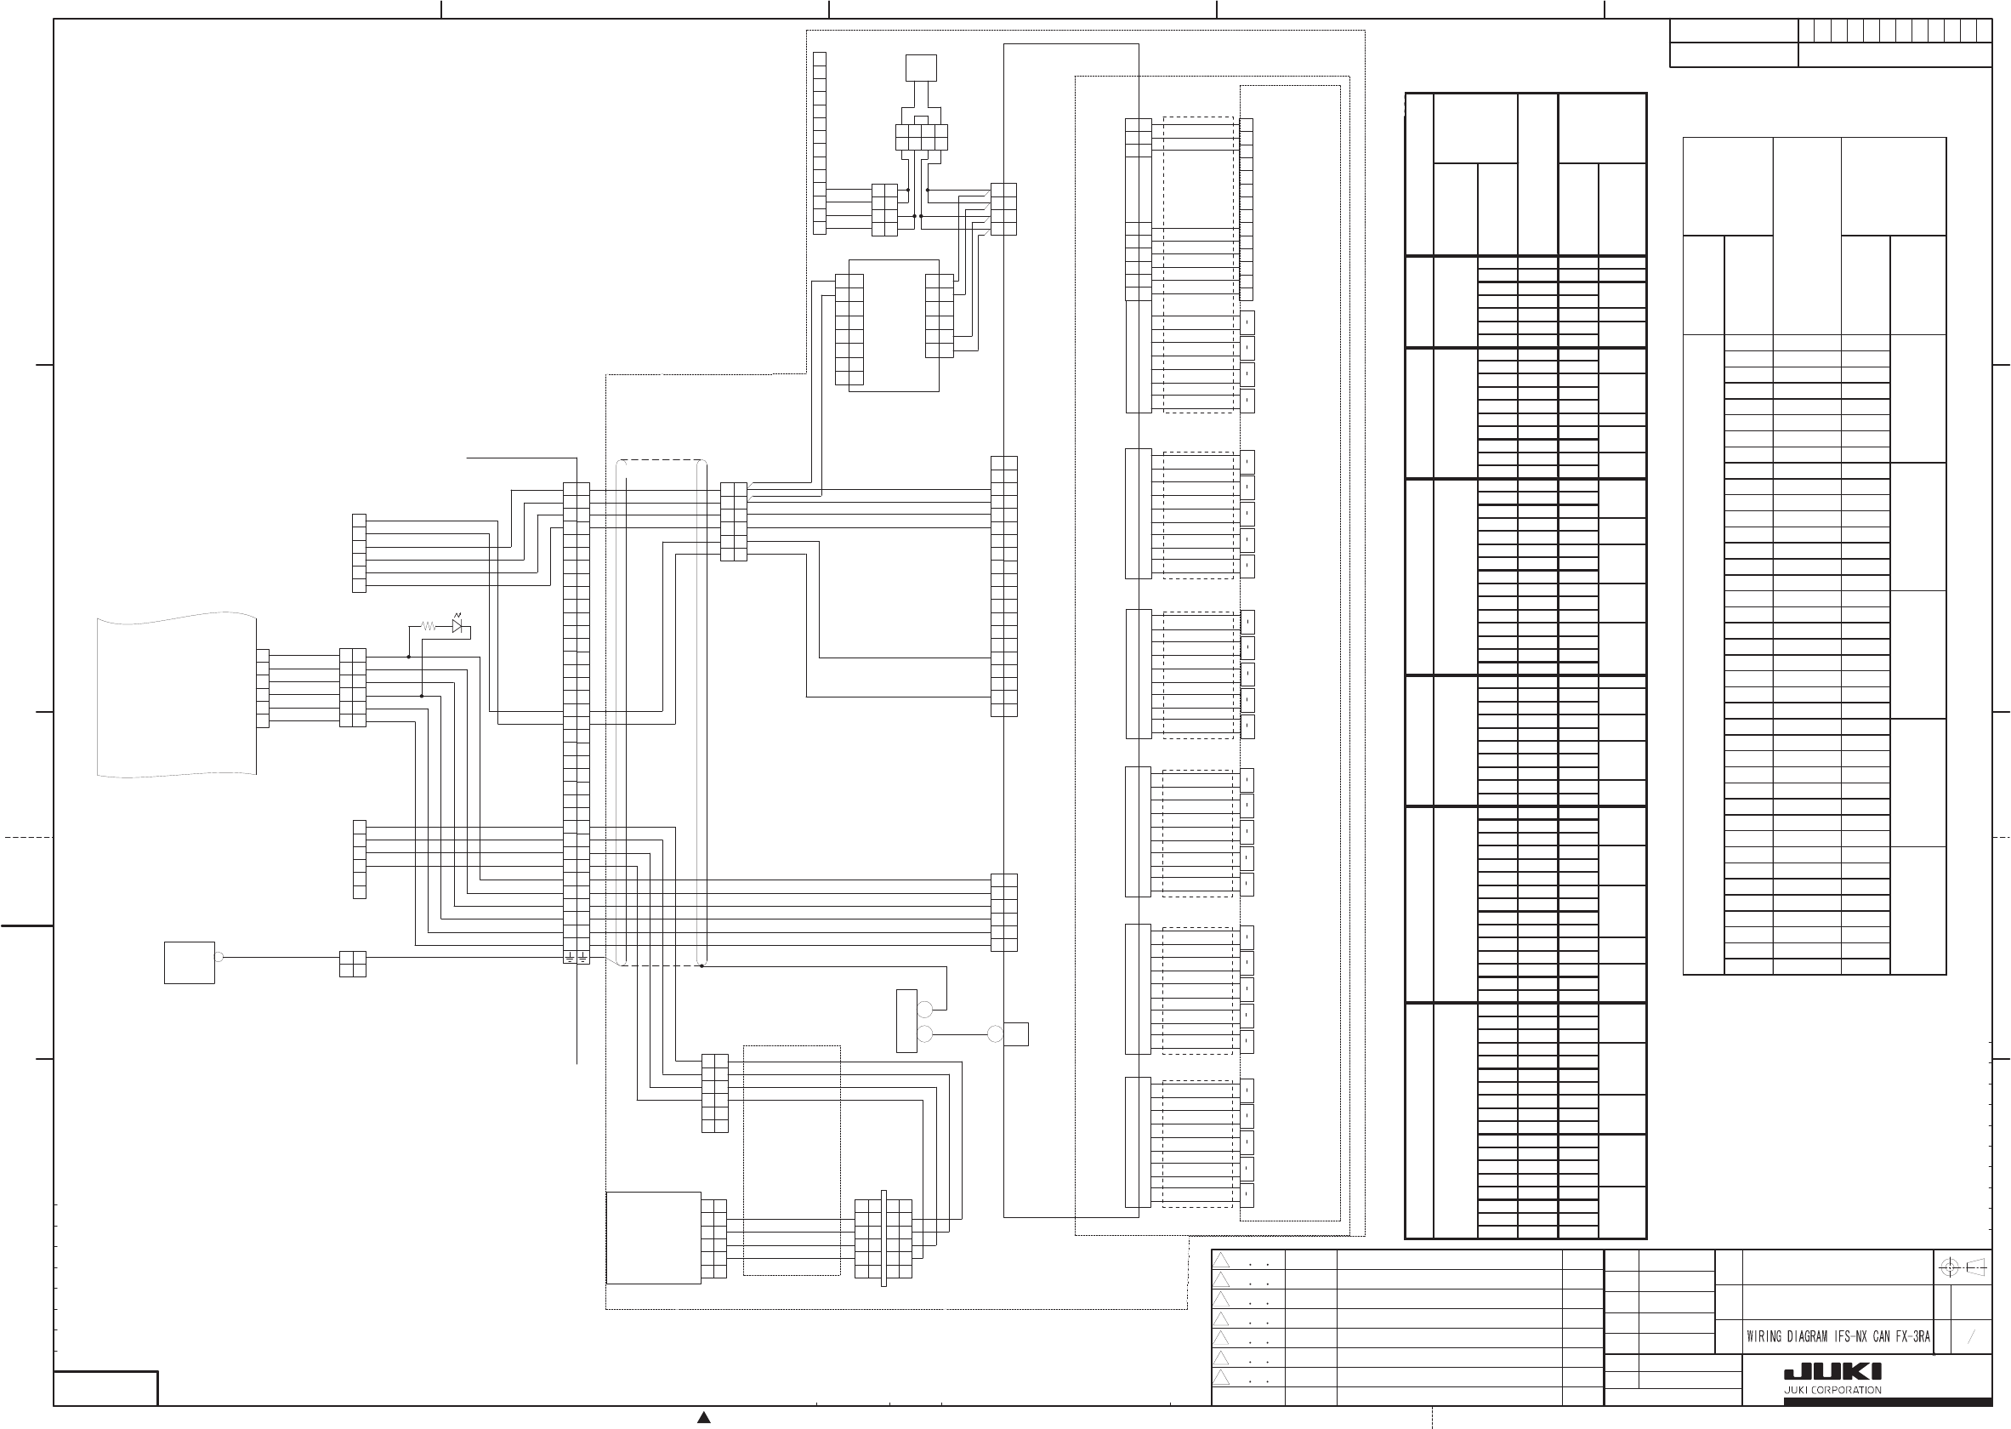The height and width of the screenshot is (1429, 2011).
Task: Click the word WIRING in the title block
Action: click(1764, 1336)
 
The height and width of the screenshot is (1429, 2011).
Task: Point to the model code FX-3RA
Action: click(1912, 1336)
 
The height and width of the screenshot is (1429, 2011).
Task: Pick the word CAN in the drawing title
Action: click(1882, 1336)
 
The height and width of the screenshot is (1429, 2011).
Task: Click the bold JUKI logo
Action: click(1832, 1373)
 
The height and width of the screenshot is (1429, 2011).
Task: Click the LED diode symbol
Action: click(457, 626)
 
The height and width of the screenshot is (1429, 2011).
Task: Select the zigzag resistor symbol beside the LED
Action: click(429, 627)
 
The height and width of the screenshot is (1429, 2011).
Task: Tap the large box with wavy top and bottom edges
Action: click(176, 695)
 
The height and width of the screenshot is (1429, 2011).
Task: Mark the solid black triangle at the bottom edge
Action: click(704, 1417)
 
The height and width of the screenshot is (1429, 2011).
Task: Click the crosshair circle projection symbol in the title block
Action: click(1949, 1267)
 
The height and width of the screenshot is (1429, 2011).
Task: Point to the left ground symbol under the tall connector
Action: click(570, 956)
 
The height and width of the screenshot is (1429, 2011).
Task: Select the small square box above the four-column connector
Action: click(921, 68)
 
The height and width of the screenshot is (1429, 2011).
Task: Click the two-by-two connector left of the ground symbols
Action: click(352, 964)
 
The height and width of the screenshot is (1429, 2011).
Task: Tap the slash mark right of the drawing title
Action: click(1972, 1336)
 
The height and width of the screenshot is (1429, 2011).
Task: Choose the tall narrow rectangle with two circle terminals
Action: click(906, 1021)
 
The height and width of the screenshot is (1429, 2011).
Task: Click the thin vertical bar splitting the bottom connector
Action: click(883, 1238)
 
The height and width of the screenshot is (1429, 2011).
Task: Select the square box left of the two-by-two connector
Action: click(189, 963)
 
